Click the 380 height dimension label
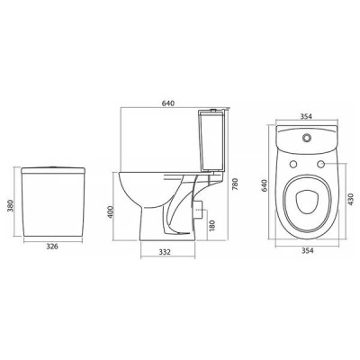(11, 205)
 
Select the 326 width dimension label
(52, 247)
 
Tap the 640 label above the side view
(168, 103)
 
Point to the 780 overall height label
(235, 185)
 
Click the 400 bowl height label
(112, 211)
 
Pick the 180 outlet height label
(211, 226)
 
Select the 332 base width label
(165, 252)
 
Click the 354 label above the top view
(306, 116)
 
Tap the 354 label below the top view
(307, 250)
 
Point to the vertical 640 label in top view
(265, 185)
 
